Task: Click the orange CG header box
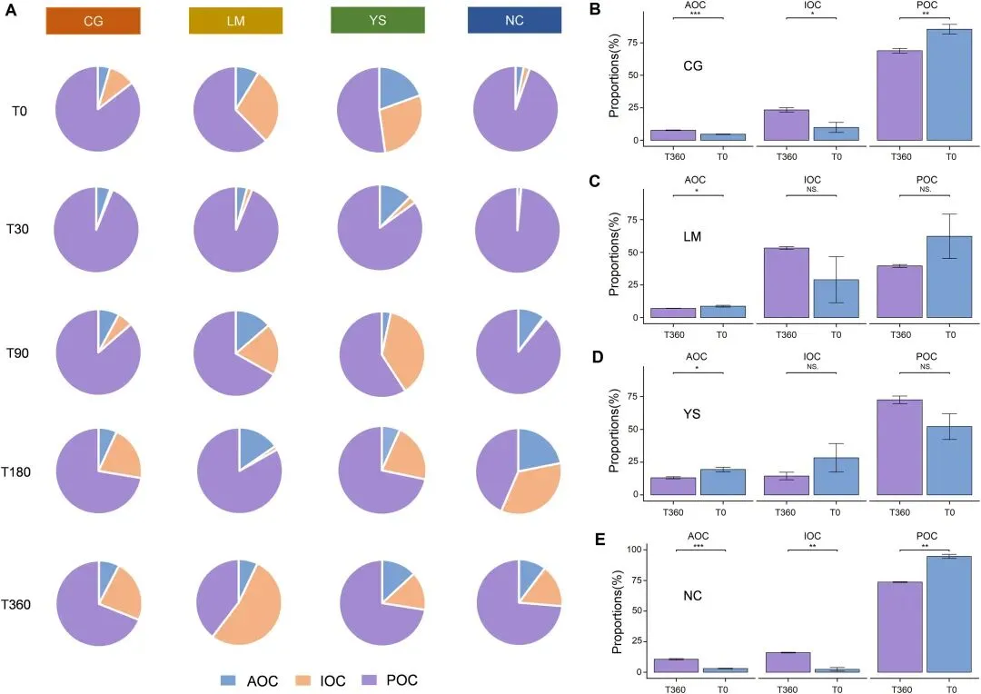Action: click(94, 20)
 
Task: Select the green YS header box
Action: click(379, 20)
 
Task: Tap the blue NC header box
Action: click(515, 20)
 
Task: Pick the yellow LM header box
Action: click(235, 20)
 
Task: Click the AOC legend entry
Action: click(250, 679)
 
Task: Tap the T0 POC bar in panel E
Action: click(949, 614)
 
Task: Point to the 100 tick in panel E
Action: click(632, 550)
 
